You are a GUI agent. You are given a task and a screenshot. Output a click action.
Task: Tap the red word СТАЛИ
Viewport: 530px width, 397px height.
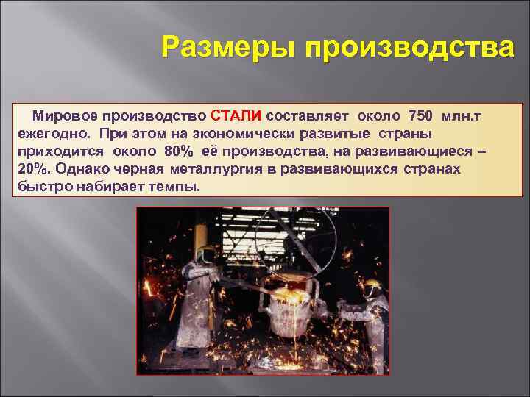tap(236, 116)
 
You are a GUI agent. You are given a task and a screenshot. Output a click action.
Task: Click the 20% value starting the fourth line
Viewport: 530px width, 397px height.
tap(30, 169)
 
